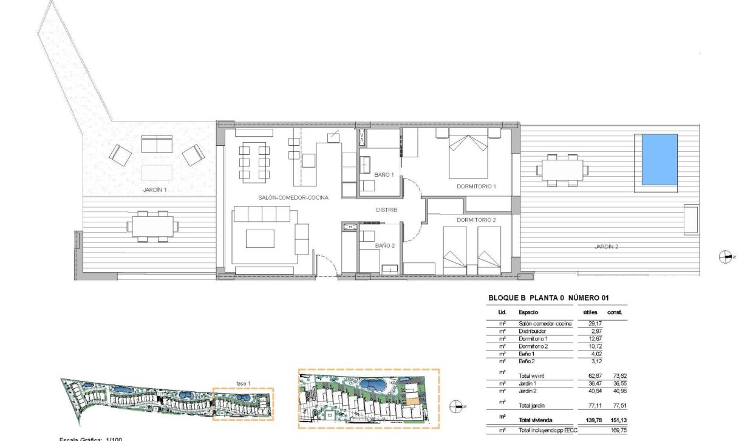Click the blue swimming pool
(659, 160)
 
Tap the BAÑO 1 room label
(384, 175)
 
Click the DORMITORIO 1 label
(477, 186)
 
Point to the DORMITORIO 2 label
(477, 220)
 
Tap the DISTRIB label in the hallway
(386, 210)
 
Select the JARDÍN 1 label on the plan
(155, 190)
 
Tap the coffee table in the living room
(260, 238)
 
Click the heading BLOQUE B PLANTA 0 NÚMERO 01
(548, 298)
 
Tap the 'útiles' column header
(590, 312)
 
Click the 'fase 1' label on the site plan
(244, 383)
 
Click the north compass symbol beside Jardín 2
(726, 257)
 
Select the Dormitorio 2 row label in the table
(534, 346)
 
